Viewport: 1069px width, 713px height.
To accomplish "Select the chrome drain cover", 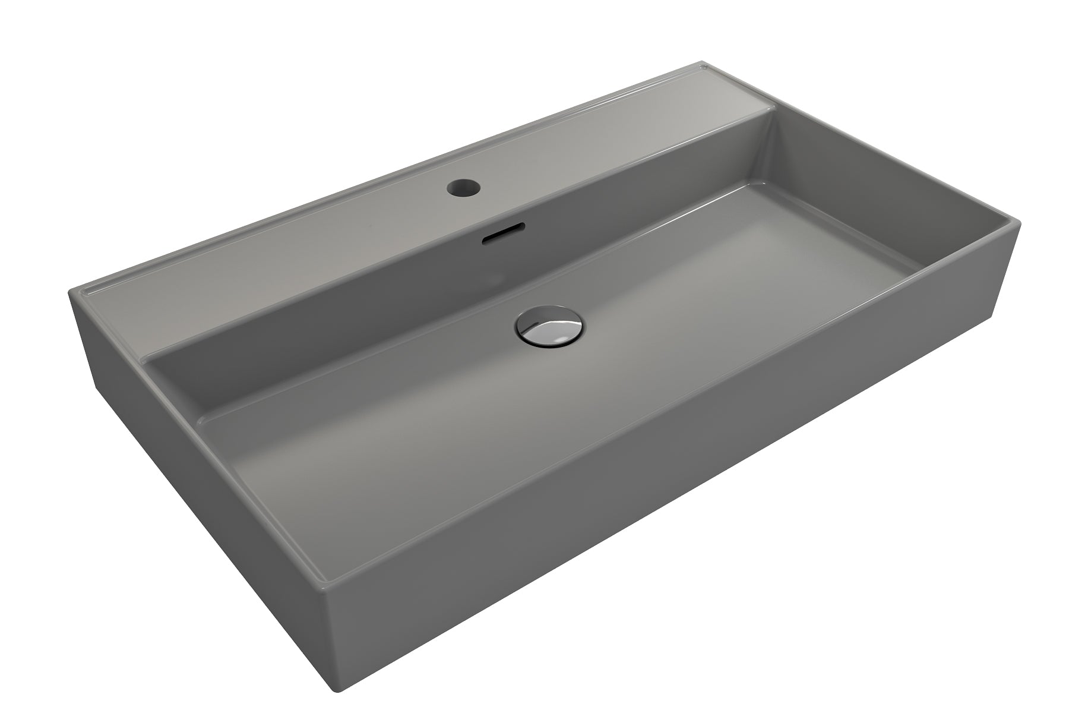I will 550,328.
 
